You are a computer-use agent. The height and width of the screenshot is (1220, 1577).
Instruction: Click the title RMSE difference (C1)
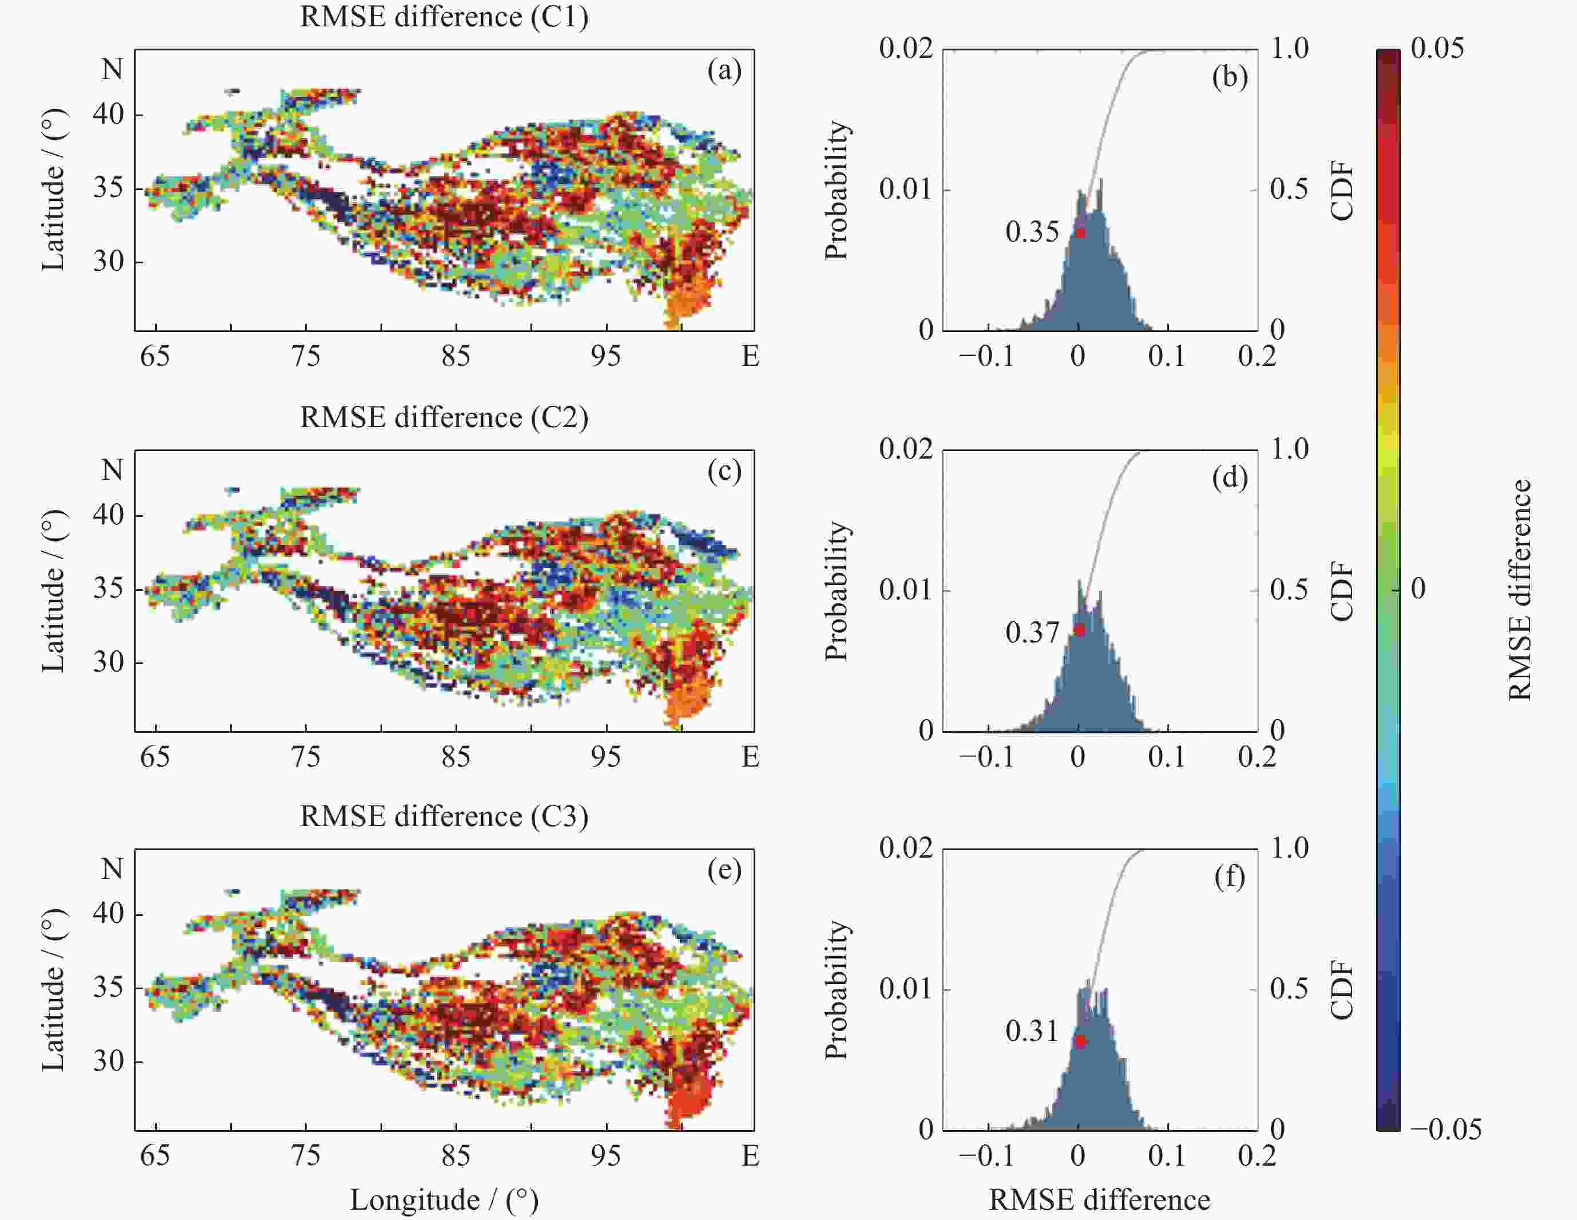tap(444, 17)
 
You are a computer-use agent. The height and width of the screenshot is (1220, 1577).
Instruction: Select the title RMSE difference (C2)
tap(444, 417)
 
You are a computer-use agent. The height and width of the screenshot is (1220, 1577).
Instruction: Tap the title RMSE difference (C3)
tap(444, 816)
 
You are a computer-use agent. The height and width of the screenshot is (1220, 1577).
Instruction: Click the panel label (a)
tap(724, 71)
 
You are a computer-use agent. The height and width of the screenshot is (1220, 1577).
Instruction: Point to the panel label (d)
tap(1230, 477)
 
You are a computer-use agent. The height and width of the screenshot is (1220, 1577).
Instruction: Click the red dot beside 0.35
tap(1080, 232)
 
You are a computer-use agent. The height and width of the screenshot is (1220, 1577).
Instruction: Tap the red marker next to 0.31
tap(1080, 1041)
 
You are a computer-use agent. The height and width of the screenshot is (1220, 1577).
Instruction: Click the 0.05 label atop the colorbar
tap(1437, 49)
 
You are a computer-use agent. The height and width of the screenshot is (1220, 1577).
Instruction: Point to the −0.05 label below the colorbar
tap(1445, 1129)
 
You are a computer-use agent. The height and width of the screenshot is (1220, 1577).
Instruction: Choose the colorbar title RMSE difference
tap(1519, 590)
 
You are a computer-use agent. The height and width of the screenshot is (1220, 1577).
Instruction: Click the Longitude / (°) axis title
tap(444, 1200)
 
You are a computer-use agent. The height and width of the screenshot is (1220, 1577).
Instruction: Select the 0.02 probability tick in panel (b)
tap(905, 49)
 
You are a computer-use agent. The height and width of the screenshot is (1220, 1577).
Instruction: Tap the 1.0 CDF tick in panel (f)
tap(1290, 848)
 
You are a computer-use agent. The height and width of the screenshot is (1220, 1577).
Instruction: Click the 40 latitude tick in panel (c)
tap(108, 516)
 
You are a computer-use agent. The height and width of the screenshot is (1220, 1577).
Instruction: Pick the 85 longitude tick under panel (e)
tap(455, 1156)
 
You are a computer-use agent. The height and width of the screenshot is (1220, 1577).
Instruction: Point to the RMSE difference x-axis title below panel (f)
tap(1099, 1200)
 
